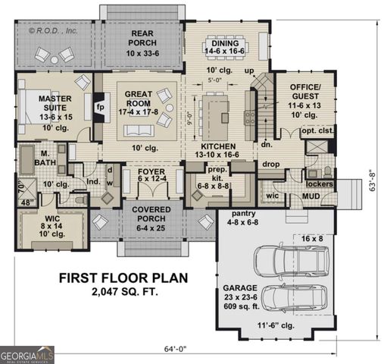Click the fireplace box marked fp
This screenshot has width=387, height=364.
point(98,107)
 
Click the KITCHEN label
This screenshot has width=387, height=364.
point(217,146)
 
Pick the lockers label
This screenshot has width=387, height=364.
point(320,184)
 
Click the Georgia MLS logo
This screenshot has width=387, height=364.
point(27,353)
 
